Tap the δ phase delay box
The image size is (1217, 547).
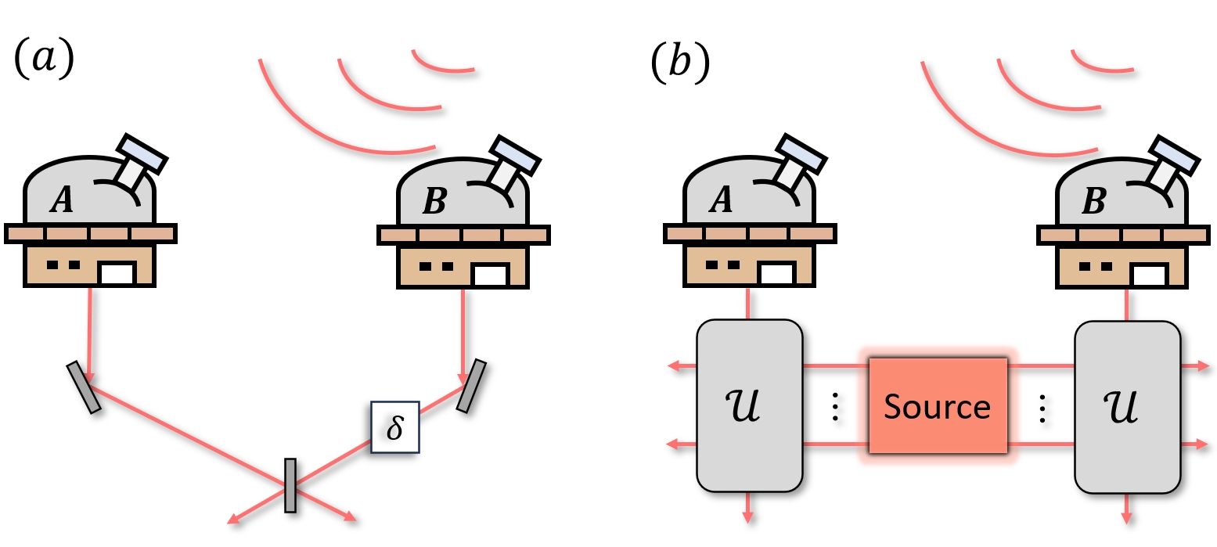[394, 427]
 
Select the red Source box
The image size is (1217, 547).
[937, 406]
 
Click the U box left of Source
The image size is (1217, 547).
[749, 405]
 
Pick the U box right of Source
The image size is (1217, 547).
[1127, 405]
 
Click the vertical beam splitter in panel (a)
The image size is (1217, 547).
[290, 485]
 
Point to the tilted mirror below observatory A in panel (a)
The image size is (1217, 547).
[84, 387]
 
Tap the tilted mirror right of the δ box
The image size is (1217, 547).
[471, 386]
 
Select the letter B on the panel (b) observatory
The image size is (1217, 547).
[1093, 201]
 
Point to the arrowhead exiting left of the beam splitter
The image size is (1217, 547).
[232, 519]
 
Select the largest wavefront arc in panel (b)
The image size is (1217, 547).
[986, 125]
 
